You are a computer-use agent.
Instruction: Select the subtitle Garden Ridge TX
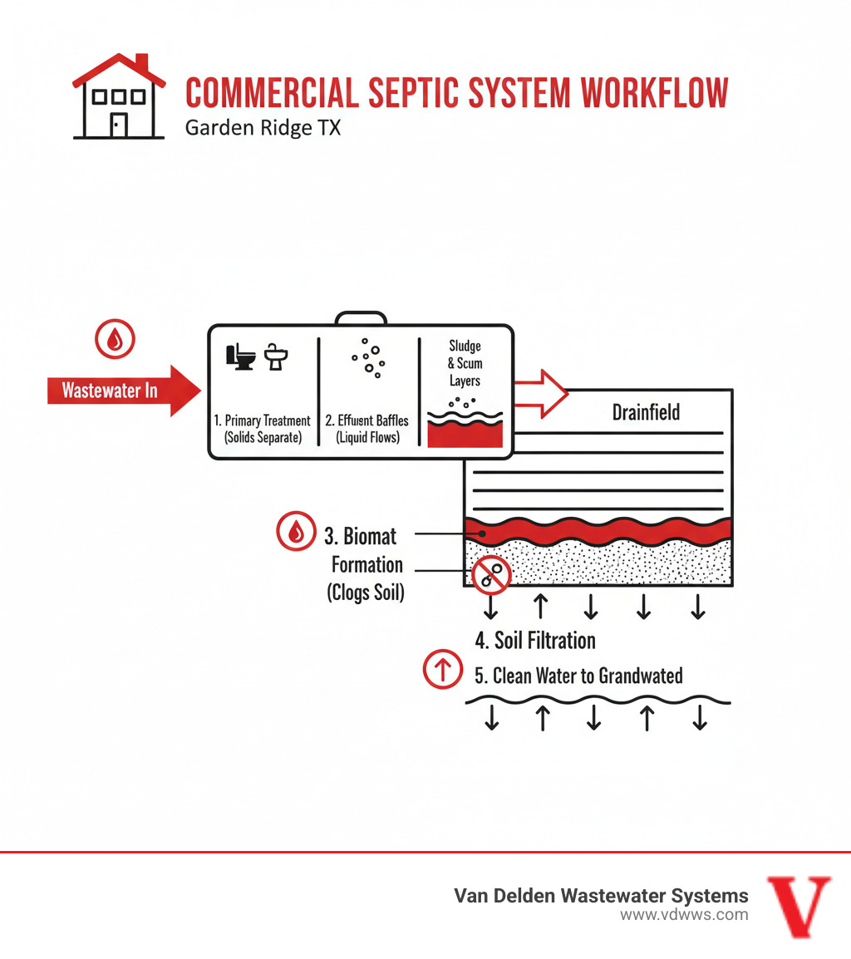pos(263,129)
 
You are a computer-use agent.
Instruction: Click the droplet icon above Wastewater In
pos(115,339)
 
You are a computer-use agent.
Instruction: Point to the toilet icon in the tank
pos(240,357)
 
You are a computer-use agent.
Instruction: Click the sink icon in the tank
pos(277,357)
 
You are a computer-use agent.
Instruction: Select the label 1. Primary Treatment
pos(263,421)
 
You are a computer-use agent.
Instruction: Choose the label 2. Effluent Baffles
pos(366,421)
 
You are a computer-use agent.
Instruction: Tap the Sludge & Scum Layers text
pos(465,363)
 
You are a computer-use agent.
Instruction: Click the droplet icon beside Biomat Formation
pos(296,534)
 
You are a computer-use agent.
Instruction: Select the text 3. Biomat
pos(360,536)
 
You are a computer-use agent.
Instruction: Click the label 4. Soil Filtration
pos(535,641)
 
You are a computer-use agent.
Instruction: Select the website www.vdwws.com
pos(684,915)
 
